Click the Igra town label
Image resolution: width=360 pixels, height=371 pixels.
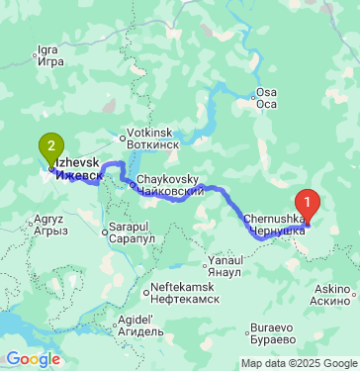coord(49,53)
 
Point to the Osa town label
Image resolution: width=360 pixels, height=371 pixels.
coord(267,97)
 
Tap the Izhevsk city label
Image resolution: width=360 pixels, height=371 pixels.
coord(77,168)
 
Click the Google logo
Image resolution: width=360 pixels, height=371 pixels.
coord(33,359)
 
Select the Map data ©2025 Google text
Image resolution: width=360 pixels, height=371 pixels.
coord(300,363)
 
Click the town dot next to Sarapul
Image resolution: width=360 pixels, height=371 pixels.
coord(106,233)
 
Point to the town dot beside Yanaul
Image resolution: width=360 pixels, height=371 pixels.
coord(205,257)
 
